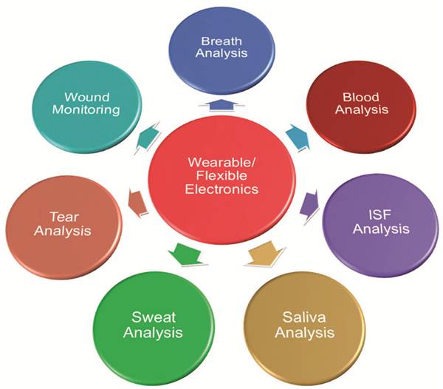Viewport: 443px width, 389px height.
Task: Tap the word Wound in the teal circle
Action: point(92,97)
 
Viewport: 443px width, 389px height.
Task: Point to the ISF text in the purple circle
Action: point(380,215)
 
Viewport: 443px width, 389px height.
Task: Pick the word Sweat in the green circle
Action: point(153,318)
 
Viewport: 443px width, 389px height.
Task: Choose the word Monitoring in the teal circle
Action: point(92,110)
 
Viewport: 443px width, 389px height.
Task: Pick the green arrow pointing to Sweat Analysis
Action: point(181,254)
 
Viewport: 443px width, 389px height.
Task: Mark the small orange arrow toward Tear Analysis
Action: point(134,200)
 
